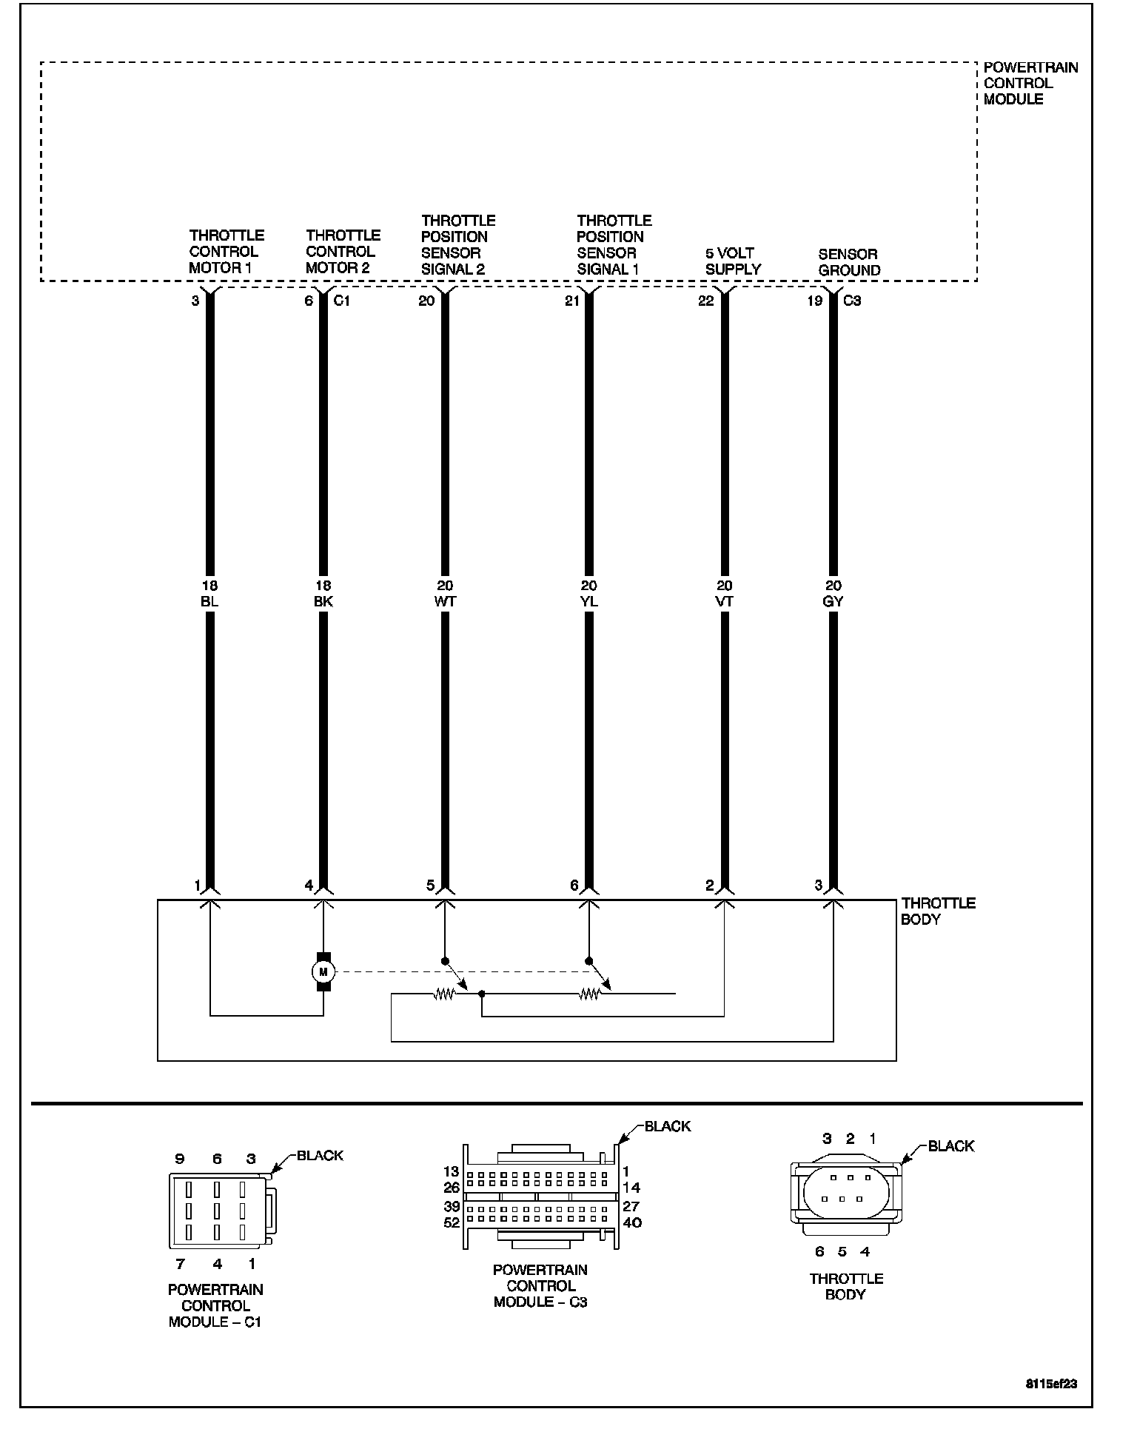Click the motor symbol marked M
(323, 971)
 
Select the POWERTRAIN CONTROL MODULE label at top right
(1030, 83)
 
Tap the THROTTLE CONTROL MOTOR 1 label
(226, 252)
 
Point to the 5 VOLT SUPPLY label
(732, 261)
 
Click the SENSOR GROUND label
(849, 262)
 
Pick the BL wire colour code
(209, 601)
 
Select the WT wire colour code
(445, 601)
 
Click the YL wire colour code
(589, 601)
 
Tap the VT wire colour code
(725, 601)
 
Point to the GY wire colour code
(833, 601)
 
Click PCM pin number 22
(706, 301)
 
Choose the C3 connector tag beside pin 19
(852, 301)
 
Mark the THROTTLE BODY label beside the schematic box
(938, 911)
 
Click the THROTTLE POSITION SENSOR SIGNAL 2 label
(457, 245)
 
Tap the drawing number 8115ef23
(1050, 1382)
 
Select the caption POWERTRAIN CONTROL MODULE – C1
(215, 1305)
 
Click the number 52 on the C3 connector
(452, 1223)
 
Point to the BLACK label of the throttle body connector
(950, 1146)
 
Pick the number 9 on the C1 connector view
(179, 1159)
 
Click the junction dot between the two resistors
(482, 994)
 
